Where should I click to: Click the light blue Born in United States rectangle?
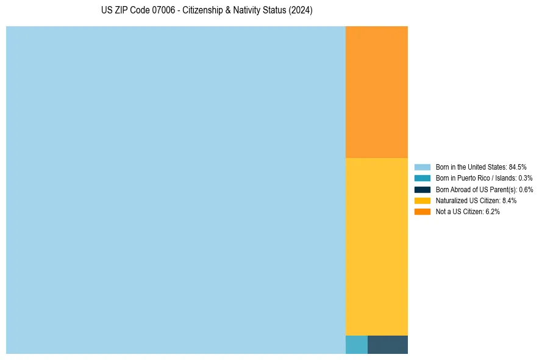tap(176, 190)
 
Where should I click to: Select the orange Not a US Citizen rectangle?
tap(376, 92)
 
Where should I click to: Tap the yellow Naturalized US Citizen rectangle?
tap(376, 247)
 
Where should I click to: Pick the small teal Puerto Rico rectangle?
tap(356, 345)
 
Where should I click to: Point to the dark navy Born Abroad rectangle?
tap(387, 345)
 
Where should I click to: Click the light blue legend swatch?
tap(422, 167)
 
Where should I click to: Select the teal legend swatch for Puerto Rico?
tap(422, 178)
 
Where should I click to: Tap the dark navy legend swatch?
tap(422, 189)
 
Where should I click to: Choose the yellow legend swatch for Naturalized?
tap(422, 200)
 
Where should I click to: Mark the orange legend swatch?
tap(422, 211)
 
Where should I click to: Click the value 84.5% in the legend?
tap(517, 167)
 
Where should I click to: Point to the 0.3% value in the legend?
tap(525, 178)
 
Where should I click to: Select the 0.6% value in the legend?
tap(526, 189)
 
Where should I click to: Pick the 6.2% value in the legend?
tap(492, 211)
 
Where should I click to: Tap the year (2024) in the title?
tap(301, 10)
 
